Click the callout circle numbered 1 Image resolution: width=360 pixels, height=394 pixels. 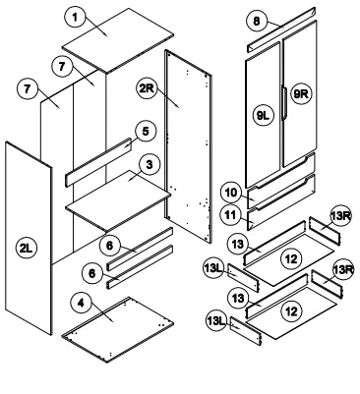[76, 18]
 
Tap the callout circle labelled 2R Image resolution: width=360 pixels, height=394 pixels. [148, 88]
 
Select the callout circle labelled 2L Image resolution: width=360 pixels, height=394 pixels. [27, 249]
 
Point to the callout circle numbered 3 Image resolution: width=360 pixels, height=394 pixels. [150, 165]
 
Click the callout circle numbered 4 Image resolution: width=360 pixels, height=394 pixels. [82, 304]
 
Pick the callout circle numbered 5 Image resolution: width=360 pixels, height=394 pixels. [146, 132]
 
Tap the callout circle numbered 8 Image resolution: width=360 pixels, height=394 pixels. [257, 22]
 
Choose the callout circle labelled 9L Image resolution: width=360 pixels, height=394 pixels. [264, 115]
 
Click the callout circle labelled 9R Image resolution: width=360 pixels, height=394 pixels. [301, 94]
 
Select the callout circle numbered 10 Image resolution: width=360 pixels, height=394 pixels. [231, 193]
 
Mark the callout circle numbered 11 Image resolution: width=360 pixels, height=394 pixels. [231, 215]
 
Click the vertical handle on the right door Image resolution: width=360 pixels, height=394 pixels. [284, 102]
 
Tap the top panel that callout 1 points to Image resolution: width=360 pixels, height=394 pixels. [118, 40]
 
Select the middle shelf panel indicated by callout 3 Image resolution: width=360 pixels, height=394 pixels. [118, 200]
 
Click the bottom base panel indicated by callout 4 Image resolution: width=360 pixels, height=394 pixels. [118, 329]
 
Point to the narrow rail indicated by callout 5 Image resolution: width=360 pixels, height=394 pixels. [98, 162]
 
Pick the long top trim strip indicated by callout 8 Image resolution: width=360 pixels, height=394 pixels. [281, 29]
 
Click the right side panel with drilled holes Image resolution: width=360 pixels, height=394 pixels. [188, 146]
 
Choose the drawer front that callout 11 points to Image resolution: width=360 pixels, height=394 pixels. [281, 202]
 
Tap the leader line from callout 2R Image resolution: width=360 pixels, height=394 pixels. [168, 98]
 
